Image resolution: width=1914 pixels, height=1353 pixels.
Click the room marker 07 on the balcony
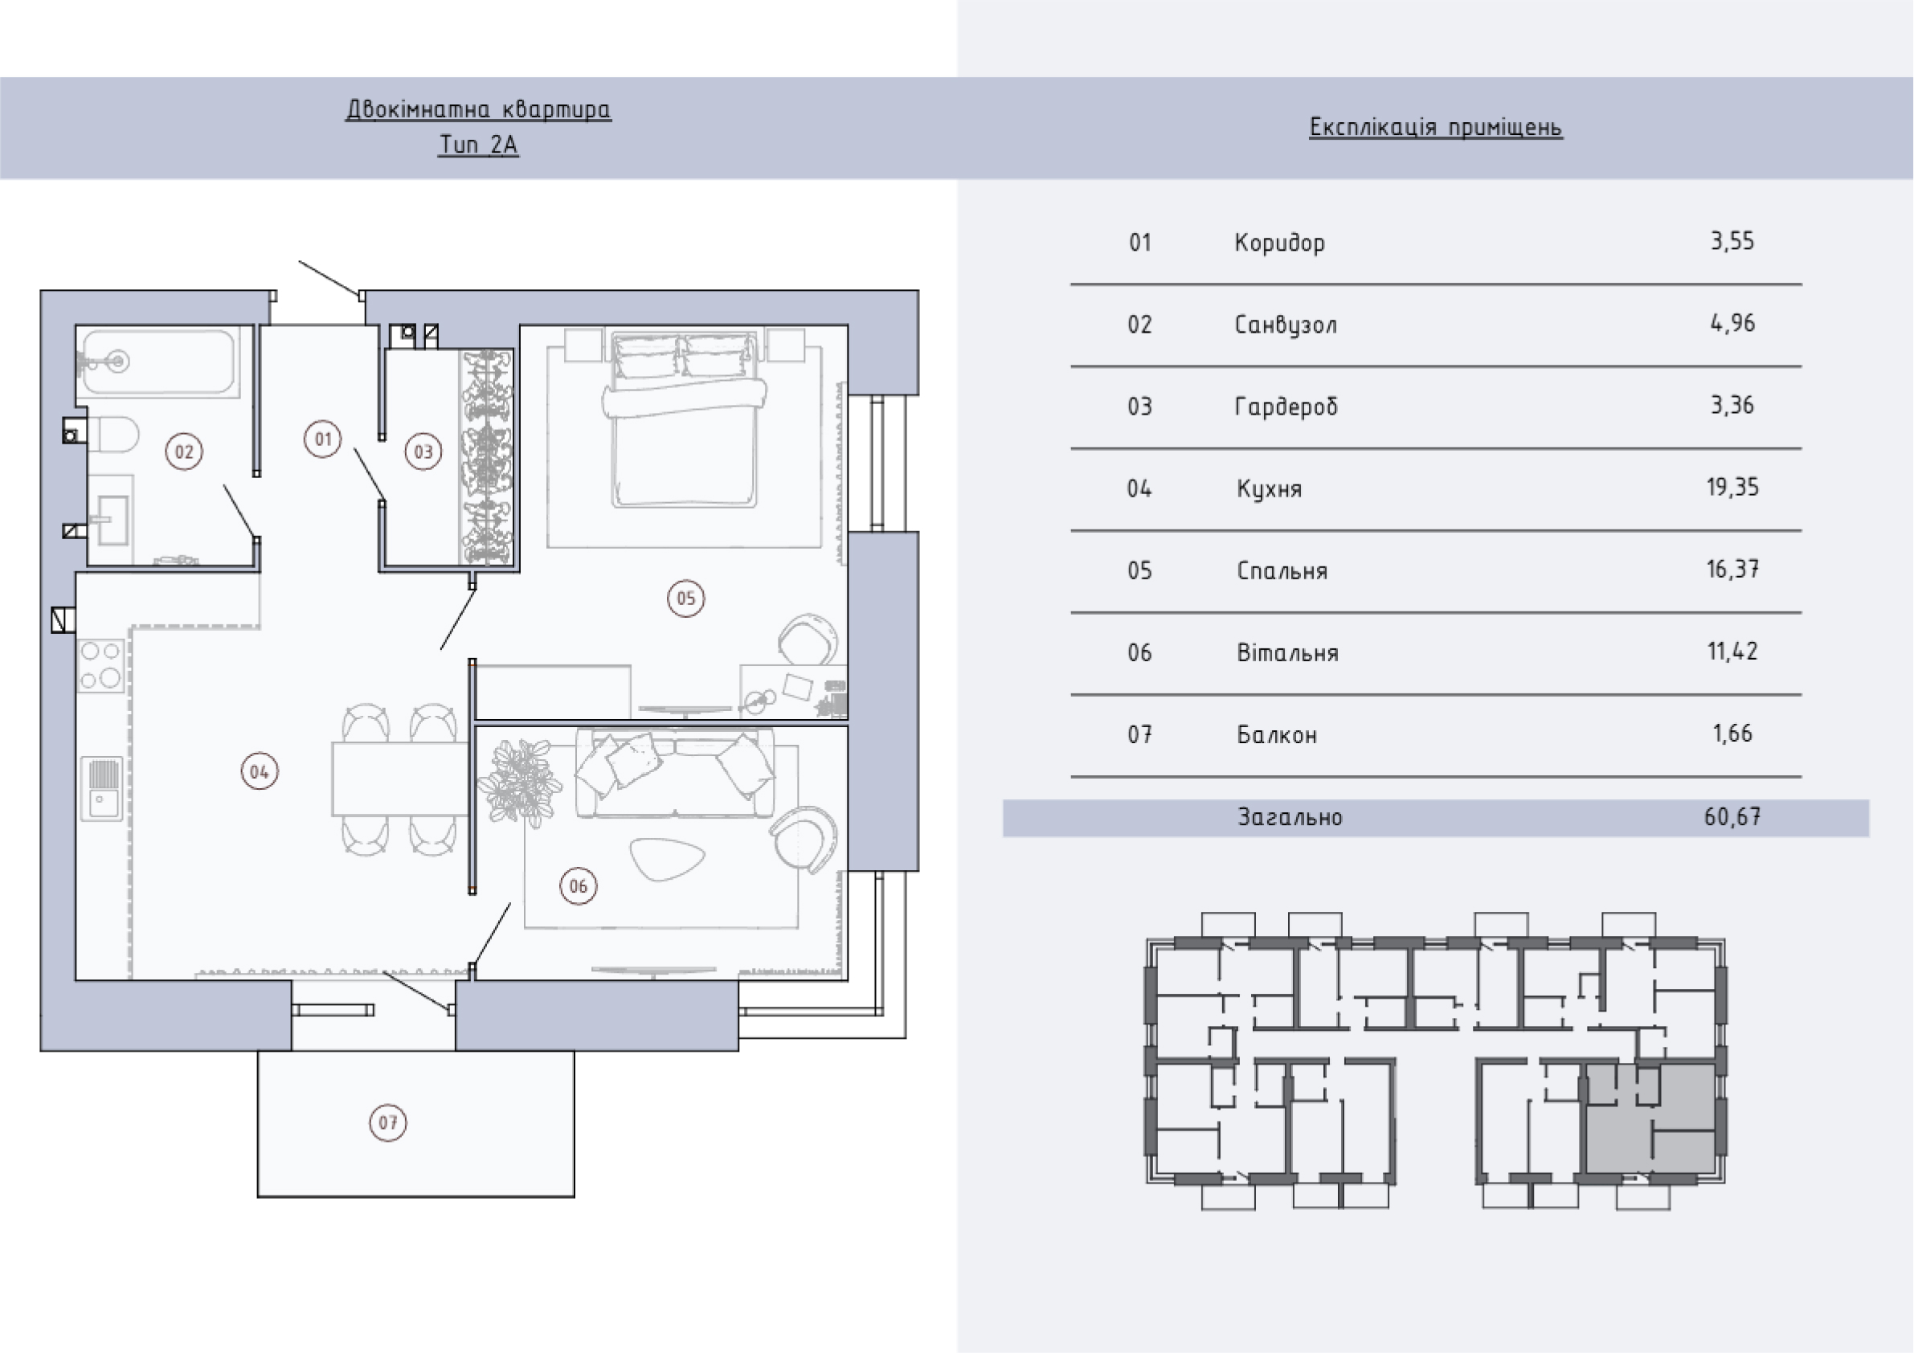coord(388,1122)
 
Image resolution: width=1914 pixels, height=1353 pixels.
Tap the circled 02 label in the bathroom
coord(184,452)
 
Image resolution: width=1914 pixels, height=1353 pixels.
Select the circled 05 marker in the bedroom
coord(686,598)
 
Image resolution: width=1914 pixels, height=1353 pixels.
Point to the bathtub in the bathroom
coord(158,362)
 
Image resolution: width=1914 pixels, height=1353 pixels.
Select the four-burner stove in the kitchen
coord(102,665)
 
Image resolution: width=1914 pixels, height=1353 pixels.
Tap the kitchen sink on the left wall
coord(103,789)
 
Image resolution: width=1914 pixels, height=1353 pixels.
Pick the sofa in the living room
coord(674,773)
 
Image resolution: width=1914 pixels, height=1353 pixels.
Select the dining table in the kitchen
coord(399,779)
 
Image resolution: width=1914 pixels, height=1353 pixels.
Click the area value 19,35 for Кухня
coord(1732,487)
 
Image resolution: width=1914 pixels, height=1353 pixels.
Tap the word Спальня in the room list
coord(1282,571)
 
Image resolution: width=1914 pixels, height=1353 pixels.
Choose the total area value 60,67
coord(1732,816)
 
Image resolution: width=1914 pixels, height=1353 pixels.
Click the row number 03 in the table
coord(1139,406)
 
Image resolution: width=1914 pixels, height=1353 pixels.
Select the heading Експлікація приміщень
coord(1435,128)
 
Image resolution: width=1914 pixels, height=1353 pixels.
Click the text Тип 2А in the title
coord(479,145)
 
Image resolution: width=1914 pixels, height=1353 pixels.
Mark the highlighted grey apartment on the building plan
coord(1650,1118)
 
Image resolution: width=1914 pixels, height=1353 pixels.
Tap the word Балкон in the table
coord(1277,735)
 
